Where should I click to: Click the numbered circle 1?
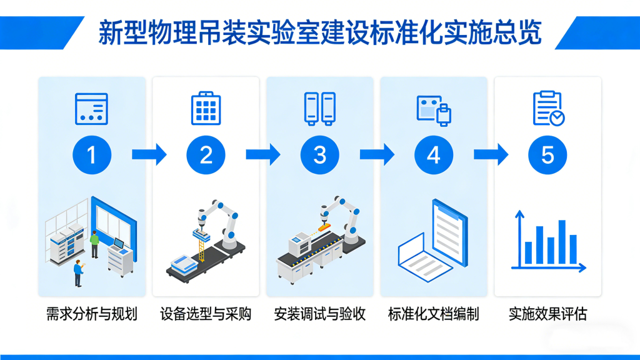(x=92, y=154)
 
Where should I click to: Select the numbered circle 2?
(x=206, y=154)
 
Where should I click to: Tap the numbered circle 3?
(x=320, y=154)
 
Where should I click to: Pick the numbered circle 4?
(x=434, y=154)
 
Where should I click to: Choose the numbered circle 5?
(x=547, y=154)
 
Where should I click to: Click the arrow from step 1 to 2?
(x=149, y=154)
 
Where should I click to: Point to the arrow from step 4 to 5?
(x=491, y=154)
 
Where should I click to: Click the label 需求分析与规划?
(x=92, y=314)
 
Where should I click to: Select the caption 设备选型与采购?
(x=206, y=314)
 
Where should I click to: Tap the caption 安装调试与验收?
(x=320, y=314)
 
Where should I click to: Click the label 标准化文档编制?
(x=434, y=314)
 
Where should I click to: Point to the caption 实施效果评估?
(x=547, y=314)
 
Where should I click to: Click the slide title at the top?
(x=319, y=32)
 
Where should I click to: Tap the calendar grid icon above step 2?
(x=206, y=109)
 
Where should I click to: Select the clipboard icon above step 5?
(x=547, y=109)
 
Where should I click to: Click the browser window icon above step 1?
(x=92, y=109)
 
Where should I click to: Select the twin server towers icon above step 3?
(x=320, y=109)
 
